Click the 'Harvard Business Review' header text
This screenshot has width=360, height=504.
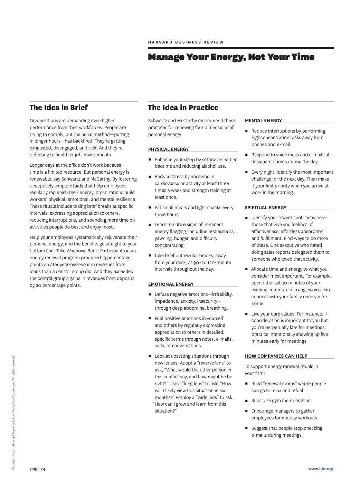(x=186, y=42)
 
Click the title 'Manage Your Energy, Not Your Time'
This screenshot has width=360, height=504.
(x=231, y=57)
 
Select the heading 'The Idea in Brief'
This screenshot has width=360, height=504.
(x=58, y=108)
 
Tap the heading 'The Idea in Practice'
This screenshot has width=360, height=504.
(x=183, y=108)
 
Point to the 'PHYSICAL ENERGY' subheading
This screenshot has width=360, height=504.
(x=168, y=149)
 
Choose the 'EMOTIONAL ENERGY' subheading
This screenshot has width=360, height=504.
(x=171, y=284)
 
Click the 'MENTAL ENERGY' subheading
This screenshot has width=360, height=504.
(x=263, y=120)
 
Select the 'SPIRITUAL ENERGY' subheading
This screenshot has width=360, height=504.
(x=265, y=207)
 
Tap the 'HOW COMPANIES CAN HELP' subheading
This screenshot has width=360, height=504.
(x=276, y=356)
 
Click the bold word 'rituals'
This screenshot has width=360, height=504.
(x=76, y=186)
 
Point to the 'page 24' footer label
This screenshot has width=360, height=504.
(x=38, y=469)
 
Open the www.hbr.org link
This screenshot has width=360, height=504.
(x=321, y=469)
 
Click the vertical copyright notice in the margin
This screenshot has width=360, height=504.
(x=13, y=413)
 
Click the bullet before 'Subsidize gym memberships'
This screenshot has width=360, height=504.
(x=247, y=401)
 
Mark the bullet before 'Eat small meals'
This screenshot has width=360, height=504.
(x=150, y=208)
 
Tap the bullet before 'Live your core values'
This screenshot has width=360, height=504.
(x=247, y=314)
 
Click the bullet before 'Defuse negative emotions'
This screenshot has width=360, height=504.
(x=150, y=294)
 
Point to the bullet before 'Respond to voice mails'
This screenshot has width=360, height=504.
(x=247, y=155)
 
